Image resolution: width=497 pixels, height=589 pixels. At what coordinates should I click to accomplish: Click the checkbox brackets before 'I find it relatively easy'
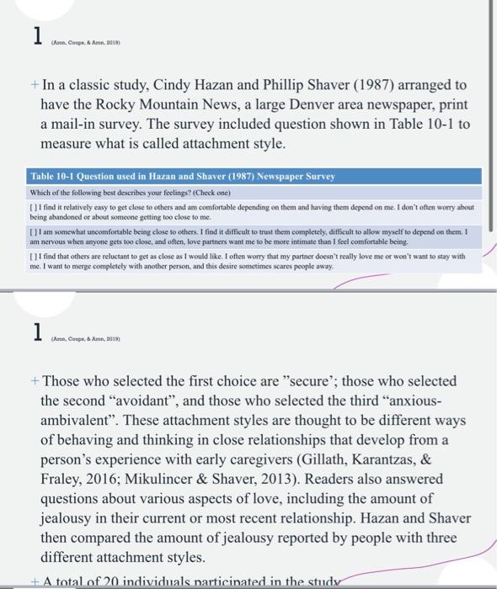32,205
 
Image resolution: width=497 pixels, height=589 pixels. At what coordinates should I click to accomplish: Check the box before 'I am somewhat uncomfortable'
32,228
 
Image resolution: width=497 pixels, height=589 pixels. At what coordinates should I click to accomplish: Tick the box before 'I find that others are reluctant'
32,253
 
